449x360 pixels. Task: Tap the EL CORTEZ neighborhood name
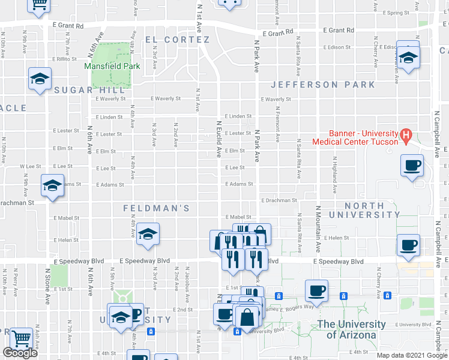177,40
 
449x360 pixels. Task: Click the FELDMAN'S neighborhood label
156,208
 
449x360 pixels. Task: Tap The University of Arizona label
351,329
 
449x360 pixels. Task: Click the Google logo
20,353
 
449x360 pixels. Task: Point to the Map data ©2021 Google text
412,355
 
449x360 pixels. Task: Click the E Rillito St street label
64,59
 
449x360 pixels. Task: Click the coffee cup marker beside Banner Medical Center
412,166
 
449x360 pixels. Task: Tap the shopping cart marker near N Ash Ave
22,340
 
